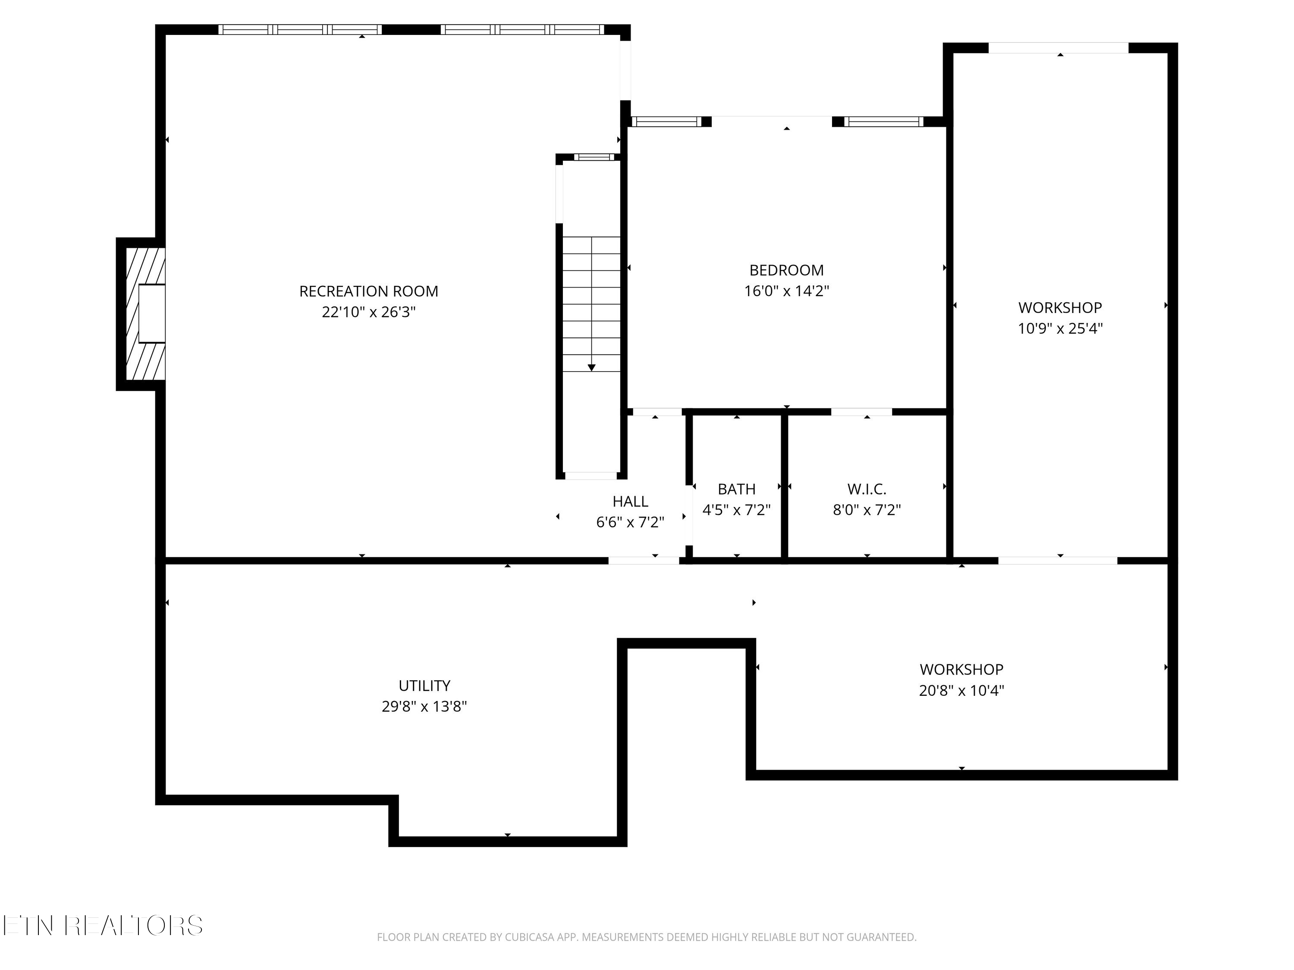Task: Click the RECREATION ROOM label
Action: tap(368, 291)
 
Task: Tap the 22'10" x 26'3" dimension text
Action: tap(368, 312)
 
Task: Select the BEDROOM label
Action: tap(786, 270)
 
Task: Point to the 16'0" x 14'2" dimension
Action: tap(786, 291)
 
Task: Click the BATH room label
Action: tap(737, 489)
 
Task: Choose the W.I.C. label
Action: tap(867, 489)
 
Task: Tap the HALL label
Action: tap(630, 501)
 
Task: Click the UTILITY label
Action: tap(424, 685)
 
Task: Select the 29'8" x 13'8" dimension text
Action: tap(424, 706)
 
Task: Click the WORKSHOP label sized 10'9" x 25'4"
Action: tap(1060, 307)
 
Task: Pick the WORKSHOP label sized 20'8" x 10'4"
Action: tap(961, 669)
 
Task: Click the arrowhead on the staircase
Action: tap(591, 367)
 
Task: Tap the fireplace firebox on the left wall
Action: tap(151, 313)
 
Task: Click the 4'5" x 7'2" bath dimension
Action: tap(737, 510)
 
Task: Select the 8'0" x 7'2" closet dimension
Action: tap(867, 510)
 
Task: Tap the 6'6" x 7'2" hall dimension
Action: tap(630, 522)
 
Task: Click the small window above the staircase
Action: tap(594, 156)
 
